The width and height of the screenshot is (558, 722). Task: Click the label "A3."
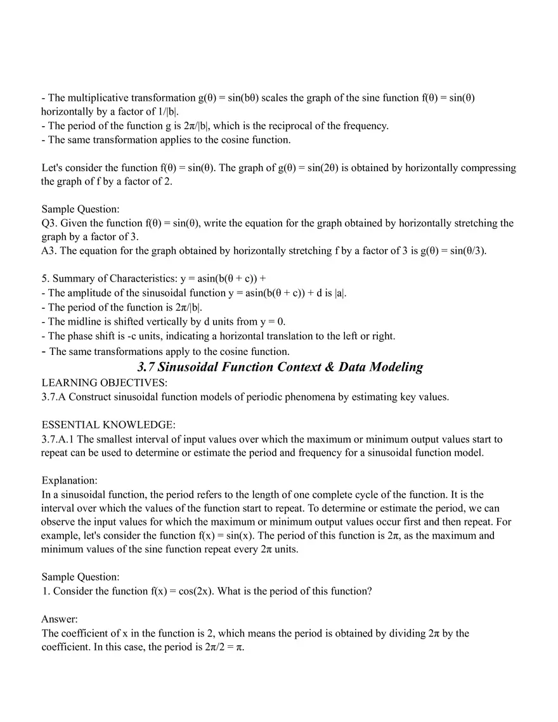49,250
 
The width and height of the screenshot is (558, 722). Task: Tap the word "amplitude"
91,293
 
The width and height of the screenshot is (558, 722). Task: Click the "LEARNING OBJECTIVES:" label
105,383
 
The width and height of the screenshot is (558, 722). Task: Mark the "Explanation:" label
69,480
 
